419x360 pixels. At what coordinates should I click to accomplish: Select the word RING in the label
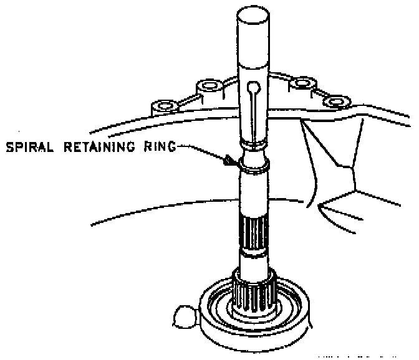pos(159,148)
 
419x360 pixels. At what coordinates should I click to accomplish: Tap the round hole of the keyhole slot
pos(254,87)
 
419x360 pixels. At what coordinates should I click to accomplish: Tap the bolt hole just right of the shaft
pos(304,83)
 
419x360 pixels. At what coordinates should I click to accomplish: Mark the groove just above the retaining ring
pos(254,146)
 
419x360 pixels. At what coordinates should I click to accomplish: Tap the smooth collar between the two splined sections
pos(254,261)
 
